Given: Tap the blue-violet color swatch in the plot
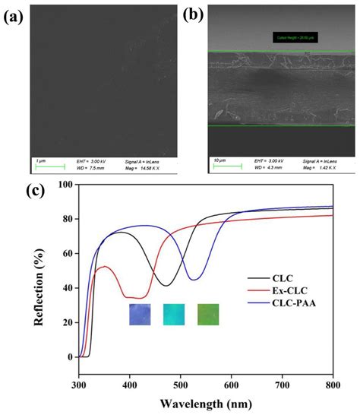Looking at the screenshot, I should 140,314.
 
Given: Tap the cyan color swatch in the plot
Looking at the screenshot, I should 174,314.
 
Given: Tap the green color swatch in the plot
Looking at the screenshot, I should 208,314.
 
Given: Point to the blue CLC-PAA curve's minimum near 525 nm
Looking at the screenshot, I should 194,280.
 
